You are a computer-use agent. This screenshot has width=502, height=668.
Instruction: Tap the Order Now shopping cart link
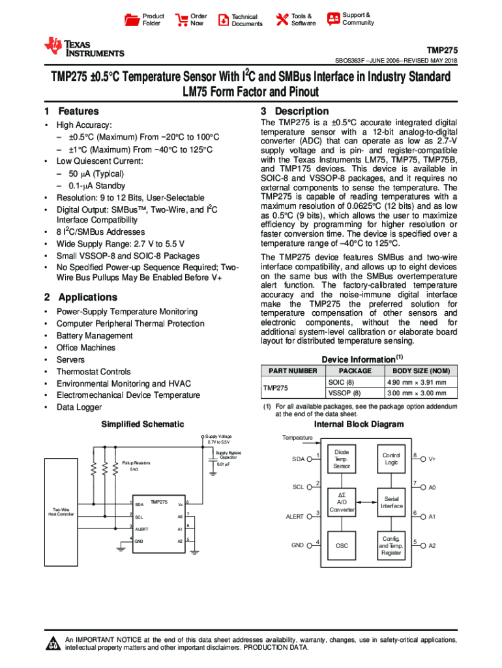pos(190,20)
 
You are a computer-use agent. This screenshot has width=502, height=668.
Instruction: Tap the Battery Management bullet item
pos(95,336)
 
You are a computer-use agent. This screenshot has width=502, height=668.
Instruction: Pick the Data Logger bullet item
pos(79,408)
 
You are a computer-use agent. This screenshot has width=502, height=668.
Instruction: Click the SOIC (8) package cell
pos(341,382)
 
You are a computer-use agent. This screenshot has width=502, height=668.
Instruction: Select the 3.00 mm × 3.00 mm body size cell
pos(417,393)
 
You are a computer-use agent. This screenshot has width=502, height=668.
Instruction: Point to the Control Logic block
pos(391,459)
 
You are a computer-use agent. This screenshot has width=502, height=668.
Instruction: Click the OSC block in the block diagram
pos(342,546)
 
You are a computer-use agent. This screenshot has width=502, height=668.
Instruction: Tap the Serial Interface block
pos(391,502)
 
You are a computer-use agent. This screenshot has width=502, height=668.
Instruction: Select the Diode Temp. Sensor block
pos(342,459)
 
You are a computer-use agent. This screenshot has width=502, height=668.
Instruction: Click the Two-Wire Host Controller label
pos(61,512)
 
